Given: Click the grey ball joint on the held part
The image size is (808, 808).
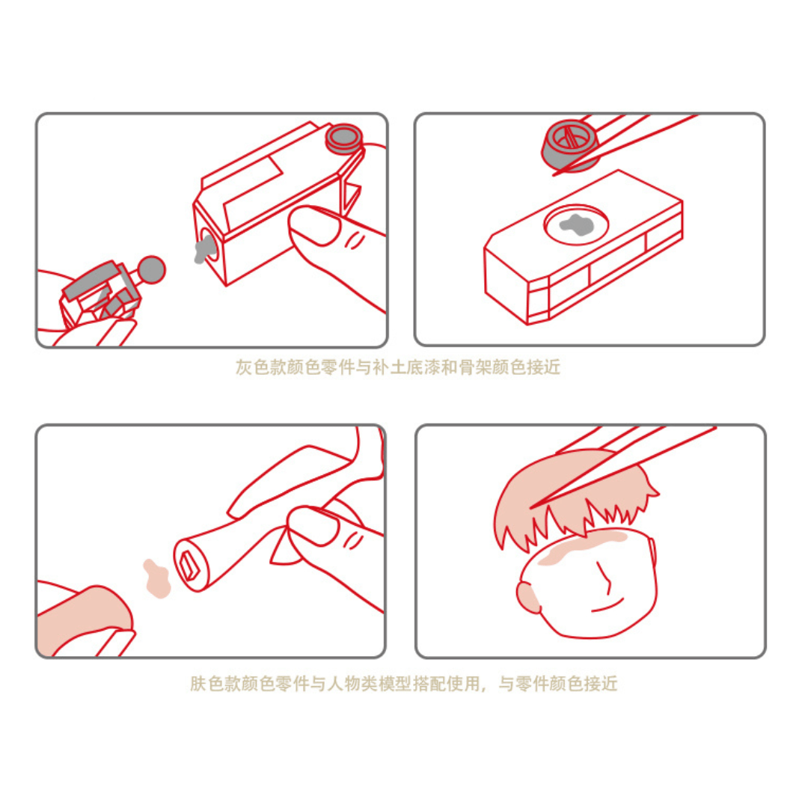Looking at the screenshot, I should pyautogui.click(x=152, y=269).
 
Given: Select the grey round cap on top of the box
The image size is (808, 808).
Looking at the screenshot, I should pyautogui.click(x=343, y=138).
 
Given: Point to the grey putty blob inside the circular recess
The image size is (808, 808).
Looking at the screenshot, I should pyautogui.click(x=578, y=224).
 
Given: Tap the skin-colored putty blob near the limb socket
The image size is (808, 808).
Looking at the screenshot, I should pyautogui.click(x=156, y=578).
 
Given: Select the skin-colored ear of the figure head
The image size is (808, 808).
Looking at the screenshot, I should pyautogui.click(x=527, y=596).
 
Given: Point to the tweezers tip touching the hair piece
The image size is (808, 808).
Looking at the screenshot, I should pyautogui.click(x=533, y=507).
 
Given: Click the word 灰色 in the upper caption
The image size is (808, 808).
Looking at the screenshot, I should pyautogui.click(x=252, y=368).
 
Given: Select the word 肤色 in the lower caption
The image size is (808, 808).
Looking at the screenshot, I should pyautogui.click(x=207, y=684).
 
